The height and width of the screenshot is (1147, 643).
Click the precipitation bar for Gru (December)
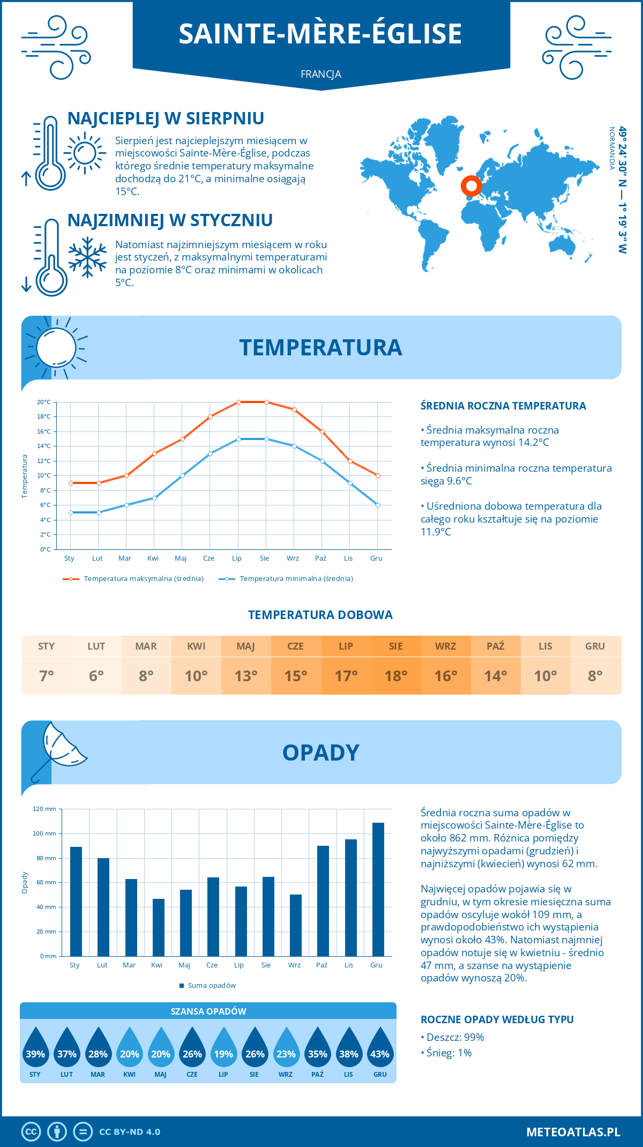tap(378, 889)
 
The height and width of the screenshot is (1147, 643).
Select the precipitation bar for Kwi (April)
tap(159, 927)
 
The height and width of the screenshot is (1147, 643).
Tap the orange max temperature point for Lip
tap(238, 402)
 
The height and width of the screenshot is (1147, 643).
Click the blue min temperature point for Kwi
tap(154, 498)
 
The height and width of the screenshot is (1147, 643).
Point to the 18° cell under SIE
tap(395, 676)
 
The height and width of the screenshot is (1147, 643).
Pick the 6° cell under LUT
tap(96, 676)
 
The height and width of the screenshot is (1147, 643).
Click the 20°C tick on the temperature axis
tap(44, 402)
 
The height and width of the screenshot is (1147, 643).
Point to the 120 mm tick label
tap(44, 809)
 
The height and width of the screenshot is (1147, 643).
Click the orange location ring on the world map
tap(472, 186)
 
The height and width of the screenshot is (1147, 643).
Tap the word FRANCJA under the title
tap(321, 75)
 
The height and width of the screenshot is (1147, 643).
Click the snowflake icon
tap(87, 257)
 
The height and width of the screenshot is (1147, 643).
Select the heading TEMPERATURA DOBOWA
tap(320, 615)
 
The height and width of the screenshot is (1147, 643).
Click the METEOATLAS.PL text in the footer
tap(573, 1132)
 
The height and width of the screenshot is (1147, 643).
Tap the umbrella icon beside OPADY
tap(57, 750)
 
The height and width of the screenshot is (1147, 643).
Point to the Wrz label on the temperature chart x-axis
tap(293, 558)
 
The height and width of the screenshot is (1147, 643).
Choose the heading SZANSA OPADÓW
tap(208, 1011)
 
